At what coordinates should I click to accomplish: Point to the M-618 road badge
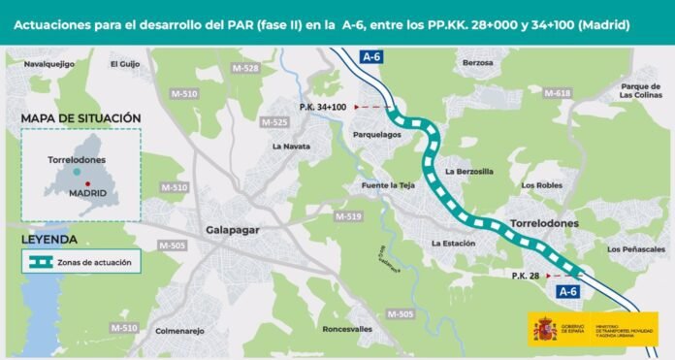tap(558, 92)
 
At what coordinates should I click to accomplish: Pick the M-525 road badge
tap(274, 122)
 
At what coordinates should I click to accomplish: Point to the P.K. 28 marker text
tap(528, 277)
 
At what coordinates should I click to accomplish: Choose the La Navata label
tap(291, 147)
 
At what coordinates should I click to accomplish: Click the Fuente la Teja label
tap(388, 184)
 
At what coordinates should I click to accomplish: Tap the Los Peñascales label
tap(636, 249)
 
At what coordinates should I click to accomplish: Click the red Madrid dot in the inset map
tap(87, 183)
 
